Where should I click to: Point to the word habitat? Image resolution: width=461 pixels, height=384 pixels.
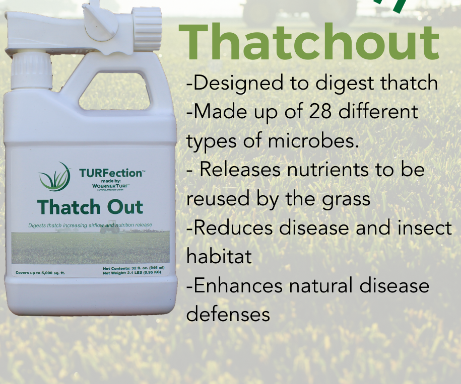coord(219,257)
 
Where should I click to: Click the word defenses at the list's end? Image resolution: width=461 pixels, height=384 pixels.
coord(228,315)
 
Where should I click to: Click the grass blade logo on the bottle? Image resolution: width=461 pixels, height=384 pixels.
coord(55,177)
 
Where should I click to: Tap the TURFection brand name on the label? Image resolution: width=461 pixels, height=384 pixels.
coord(111,174)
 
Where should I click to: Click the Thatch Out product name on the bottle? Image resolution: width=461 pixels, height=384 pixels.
coord(90,207)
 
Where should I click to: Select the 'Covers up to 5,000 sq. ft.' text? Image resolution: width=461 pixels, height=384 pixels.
coord(40,273)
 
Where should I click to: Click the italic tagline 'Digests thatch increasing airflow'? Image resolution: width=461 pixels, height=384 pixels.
coord(90,224)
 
